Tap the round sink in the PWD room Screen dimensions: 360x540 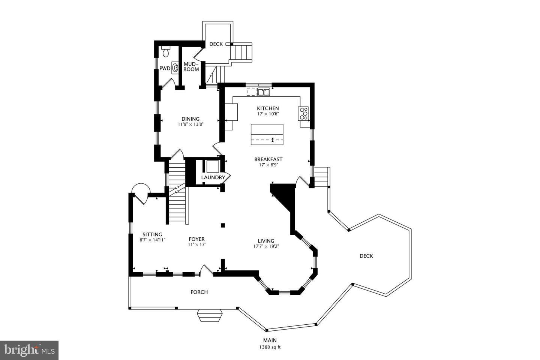point(175,68)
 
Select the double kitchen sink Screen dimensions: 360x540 point(264,91)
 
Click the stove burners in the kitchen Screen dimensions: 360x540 point(303,113)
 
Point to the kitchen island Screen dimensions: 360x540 point(267,134)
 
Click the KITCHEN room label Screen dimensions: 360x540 point(268,108)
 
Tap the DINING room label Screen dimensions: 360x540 point(190,119)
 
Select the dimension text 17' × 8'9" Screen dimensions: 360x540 point(268,165)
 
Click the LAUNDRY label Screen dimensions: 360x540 point(213,177)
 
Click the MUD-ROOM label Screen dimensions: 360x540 point(191,67)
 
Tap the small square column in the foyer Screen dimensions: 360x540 point(223,225)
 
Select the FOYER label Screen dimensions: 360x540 point(196,239)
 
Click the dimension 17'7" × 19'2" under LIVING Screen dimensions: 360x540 point(266,246)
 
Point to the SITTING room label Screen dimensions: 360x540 point(152,234)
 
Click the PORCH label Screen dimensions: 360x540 point(199,292)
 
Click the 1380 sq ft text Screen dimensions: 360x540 point(270,347)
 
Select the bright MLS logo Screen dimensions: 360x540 point(29,350)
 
